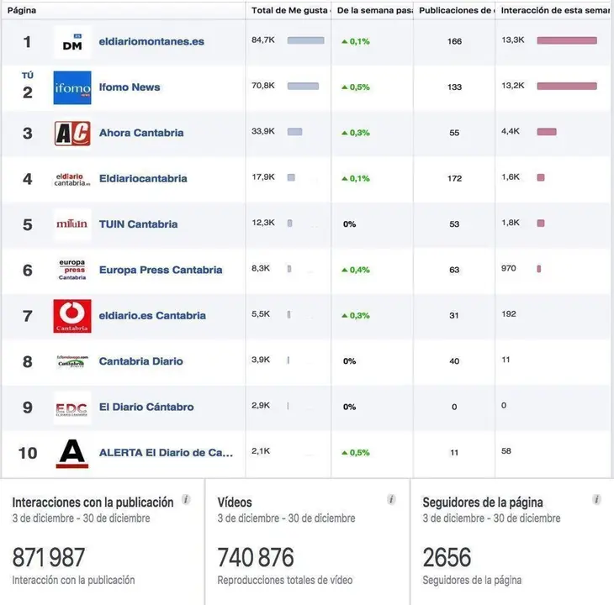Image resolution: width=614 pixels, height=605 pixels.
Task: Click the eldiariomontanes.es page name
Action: pyautogui.click(x=151, y=41)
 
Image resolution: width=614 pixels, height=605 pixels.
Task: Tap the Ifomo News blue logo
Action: pyautogui.click(x=72, y=87)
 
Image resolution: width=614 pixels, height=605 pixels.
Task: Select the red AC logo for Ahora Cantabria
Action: pyautogui.click(x=72, y=133)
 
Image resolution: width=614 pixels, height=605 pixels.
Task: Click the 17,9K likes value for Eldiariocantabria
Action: pyautogui.click(x=262, y=177)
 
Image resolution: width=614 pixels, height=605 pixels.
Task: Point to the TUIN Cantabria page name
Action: pyautogui.click(x=138, y=224)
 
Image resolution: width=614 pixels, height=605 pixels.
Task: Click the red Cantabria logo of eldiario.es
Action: pyautogui.click(x=72, y=316)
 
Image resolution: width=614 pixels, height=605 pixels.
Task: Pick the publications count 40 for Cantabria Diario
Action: pyautogui.click(x=454, y=361)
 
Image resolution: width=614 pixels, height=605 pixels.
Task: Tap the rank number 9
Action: pyautogui.click(x=28, y=408)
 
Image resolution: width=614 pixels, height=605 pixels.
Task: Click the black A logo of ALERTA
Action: pyautogui.click(x=72, y=453)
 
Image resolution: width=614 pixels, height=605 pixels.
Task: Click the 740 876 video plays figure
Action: pyautogui.click(x=256, y=557)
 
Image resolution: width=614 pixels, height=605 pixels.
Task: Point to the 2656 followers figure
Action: pyautogui.click(x=447, y=557)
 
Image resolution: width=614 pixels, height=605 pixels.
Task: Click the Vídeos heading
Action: pyautogui.click(x=235, y=502)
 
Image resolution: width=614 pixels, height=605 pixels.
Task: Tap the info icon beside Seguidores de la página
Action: pyautogui.click(x=596, y=499)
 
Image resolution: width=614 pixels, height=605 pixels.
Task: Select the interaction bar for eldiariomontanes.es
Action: pyautogui.click(x=567, y=40)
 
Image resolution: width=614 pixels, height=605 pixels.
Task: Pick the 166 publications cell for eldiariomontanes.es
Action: pyautogui.click(x=454, y=41)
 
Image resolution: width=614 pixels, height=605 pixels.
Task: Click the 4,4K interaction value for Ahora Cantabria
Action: pyautogui.click(x=511, y=132)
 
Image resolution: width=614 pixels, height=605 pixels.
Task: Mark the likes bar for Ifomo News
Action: pyautogui.click(x=303, y=86)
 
